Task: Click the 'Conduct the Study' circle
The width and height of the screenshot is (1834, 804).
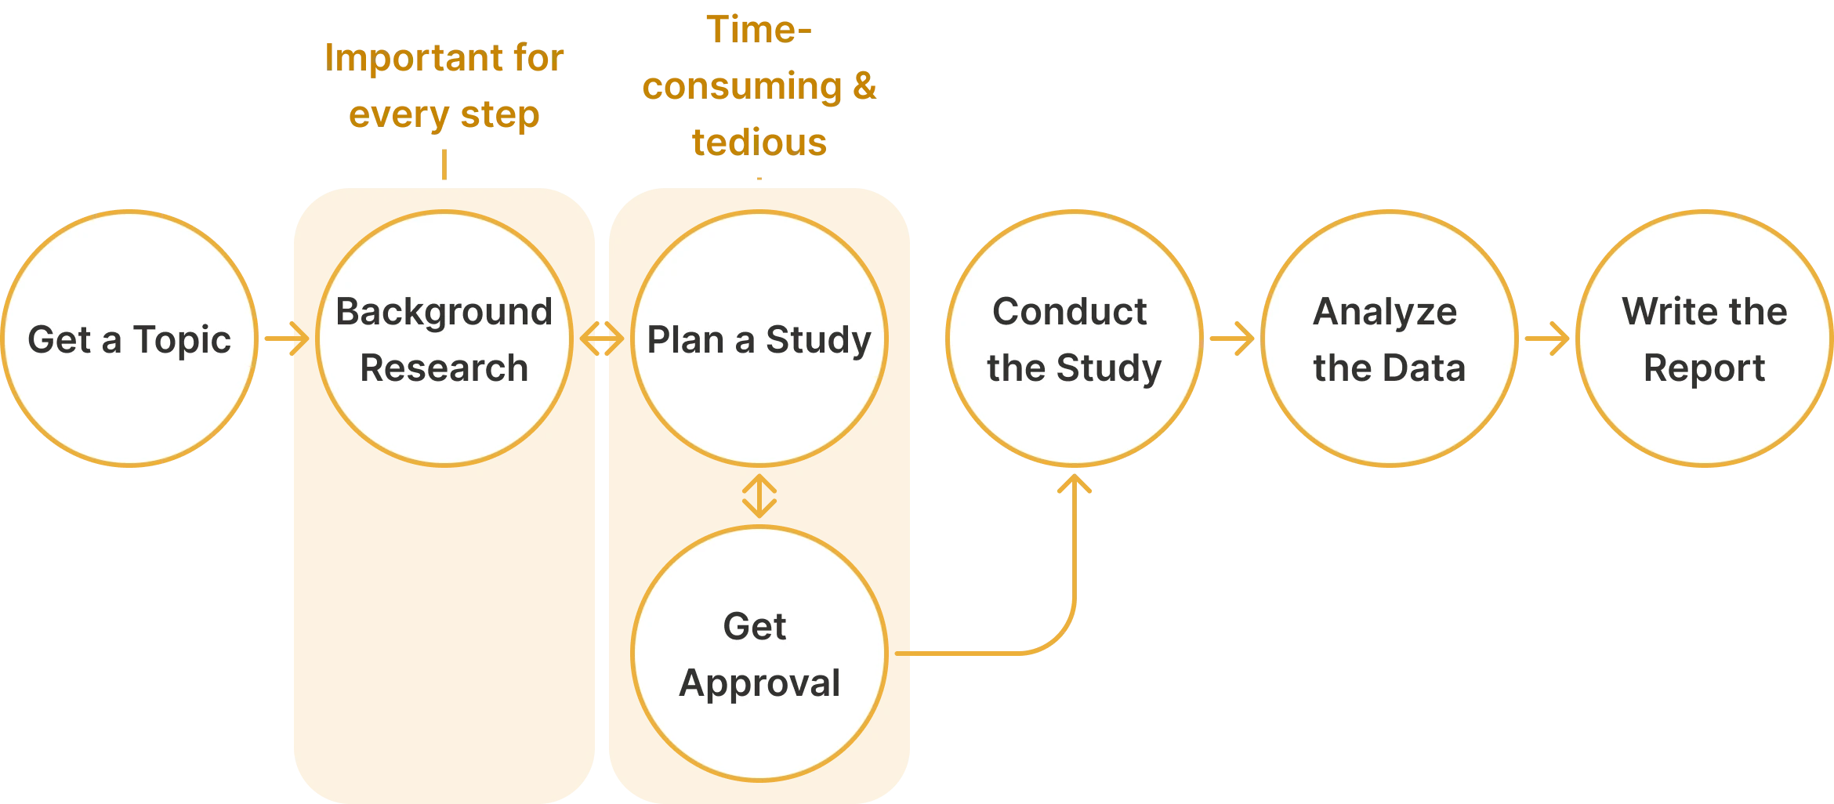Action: point(1075,423)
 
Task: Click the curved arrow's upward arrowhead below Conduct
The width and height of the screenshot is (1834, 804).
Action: point(1075,484)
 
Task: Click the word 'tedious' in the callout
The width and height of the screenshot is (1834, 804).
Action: point(759,143)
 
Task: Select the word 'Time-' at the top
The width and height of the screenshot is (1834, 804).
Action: point(759,30)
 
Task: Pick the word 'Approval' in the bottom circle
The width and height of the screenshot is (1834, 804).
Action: point(759,683)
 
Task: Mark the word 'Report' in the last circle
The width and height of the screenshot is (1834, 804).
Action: point(1704,368)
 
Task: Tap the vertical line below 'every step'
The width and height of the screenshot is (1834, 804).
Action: point(445,165)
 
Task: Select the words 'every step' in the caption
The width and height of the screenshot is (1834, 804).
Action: point(444,116)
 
